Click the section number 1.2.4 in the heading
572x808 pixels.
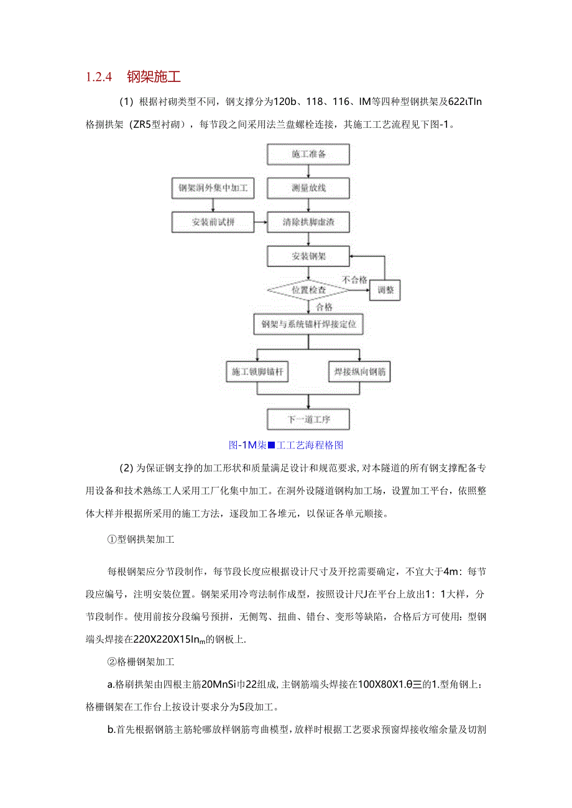pyautogui.click(x=98, y=77)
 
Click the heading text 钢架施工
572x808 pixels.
pyautogui.click(x=154, y=77)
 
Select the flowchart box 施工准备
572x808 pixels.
pyautogui.click(x=308, y=154)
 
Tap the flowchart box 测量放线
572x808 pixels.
pyautogui.click(x=308, y=188)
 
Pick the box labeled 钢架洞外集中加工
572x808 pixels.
pyautogui.click(x=213, y=188)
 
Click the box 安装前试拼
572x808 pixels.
pyautogui.click(x=213, y=222)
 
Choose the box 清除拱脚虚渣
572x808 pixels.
pyautogui.click(x=308, y=222)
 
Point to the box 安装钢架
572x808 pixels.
pyautogui.click(x=308, y=256)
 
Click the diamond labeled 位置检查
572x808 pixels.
pyautogui.click(x=308, y=290)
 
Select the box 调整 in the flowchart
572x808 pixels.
pyautogui.click(x=385, y=290)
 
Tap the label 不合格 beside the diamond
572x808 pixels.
pyautogui.click(x=354, y=281)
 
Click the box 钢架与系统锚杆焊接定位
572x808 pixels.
pyautogui.click(x=308, y=324)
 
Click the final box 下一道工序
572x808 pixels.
pyautogui.click(x=308, y=419)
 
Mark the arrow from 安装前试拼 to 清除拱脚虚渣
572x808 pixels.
pyautogui.click(x=261, y=222)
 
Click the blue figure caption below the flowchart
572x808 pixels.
pyautogui.click(x=286, y=445)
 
